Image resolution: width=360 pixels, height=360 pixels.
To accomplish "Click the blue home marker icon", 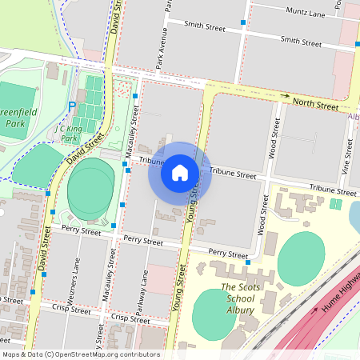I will (x=180, y=172).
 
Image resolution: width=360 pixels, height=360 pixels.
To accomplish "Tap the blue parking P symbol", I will (x=72, y=106).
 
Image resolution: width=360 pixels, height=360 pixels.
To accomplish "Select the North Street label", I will (x=315, y=102).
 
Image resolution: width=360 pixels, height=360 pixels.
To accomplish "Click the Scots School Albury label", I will (x=238, y=298).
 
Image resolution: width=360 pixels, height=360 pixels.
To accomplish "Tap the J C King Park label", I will (x=70, y=132).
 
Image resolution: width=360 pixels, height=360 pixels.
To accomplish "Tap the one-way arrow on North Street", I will (x=285, y=95).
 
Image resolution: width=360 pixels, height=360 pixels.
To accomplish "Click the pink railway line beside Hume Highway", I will (x=312, y=320).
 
